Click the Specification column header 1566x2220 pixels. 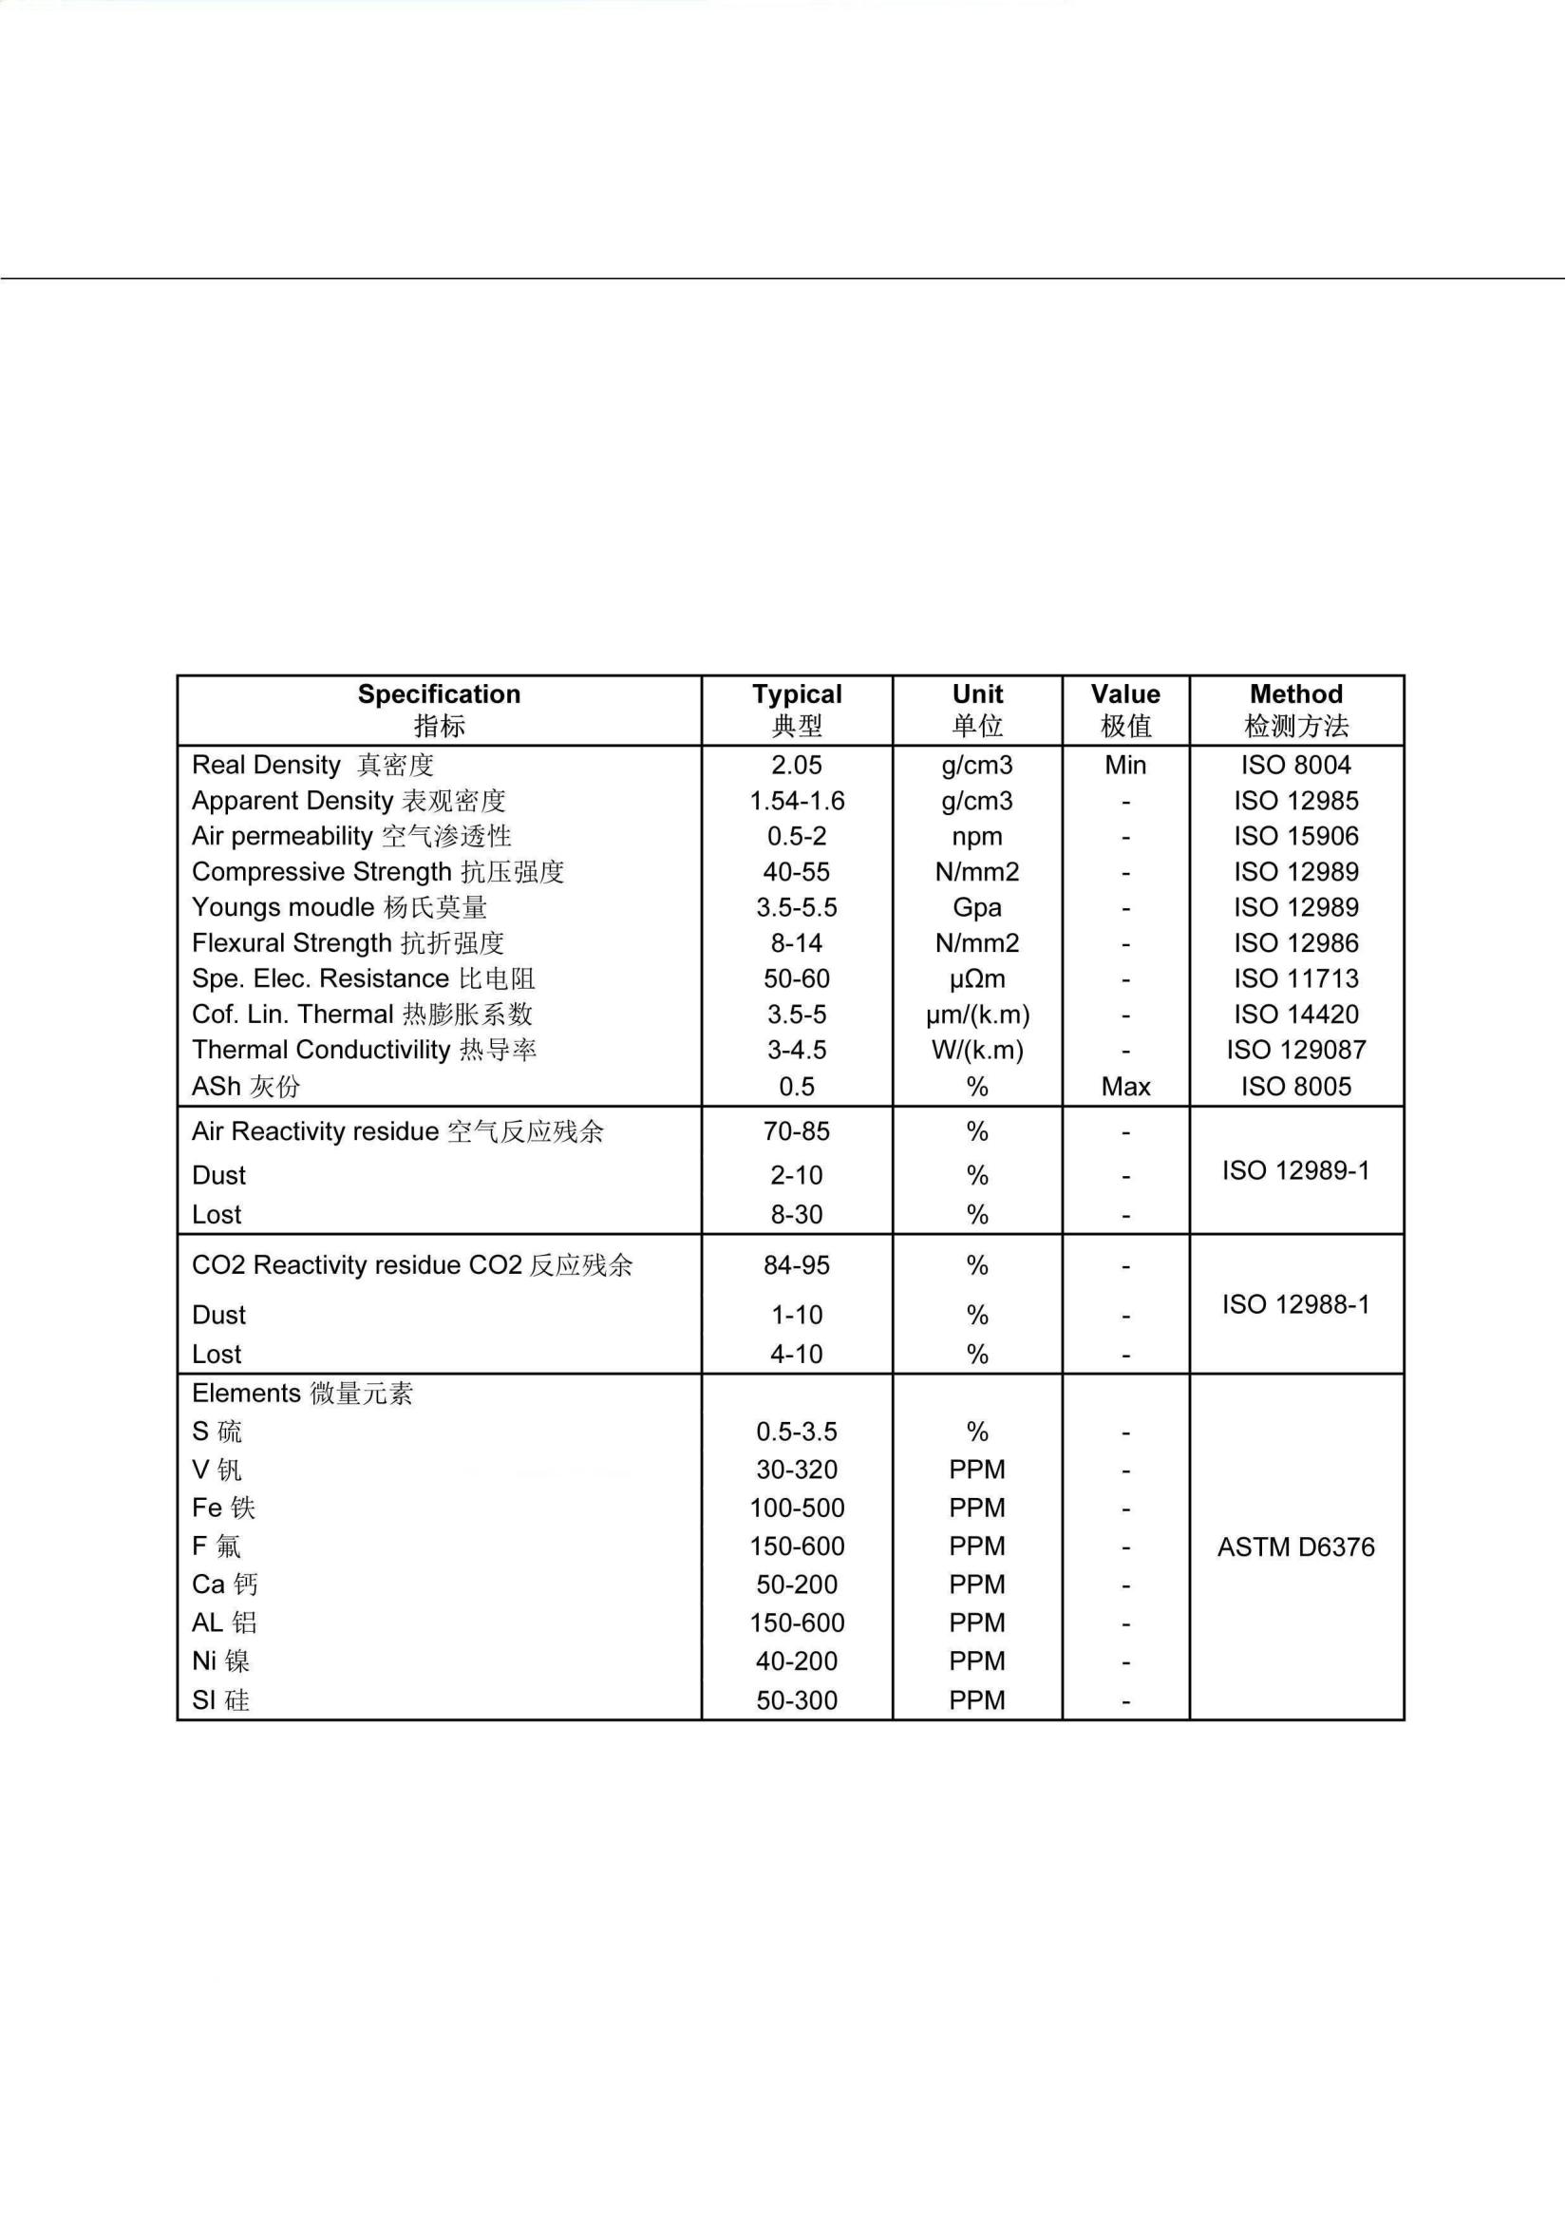[x=439, y=710]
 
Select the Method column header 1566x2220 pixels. [x=1295, y=710]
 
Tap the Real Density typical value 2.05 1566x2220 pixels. [x=797, y=765]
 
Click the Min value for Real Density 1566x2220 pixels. [x=1125, y=765]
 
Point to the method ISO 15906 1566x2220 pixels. [x=1295, y=836]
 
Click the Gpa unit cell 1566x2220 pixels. [x=977, y=908]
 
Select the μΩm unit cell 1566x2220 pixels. [x=977, y=979]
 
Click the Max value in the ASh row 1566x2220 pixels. [x=1125, y=1087]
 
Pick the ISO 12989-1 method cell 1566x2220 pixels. [x=1295, y=1171]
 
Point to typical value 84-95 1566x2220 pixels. [x=797, y=1265]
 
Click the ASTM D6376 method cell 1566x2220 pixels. [x=1295, y=1547]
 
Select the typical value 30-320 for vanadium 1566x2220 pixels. [x=797, y=1470]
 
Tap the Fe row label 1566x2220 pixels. [x=223, y=1508]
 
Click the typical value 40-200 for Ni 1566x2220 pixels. [x=797, y=1661]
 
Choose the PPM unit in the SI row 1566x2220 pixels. [x=977, y=1699]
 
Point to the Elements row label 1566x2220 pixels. [x=302, y=1394]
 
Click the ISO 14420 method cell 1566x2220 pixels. [x=1295, y=1015]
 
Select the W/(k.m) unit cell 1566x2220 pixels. [x=977, y=1050]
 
